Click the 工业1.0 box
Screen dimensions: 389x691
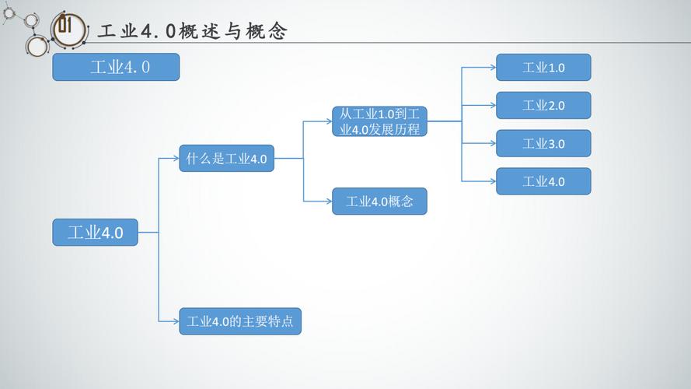(x=543, y=68)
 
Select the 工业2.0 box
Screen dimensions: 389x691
(x=543, y=106)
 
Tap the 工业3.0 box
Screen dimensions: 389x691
(x=543, y=144)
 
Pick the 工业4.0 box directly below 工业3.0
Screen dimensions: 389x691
(x=543, y=181)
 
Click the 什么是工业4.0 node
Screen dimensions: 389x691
(x=226, y=159)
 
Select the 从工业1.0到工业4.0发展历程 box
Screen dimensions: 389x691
(x=379, y=121)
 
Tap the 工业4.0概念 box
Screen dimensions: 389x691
(x=379, y=202)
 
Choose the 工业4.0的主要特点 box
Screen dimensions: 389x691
(x=240, y=321)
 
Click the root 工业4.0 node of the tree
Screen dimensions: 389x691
(x=95, y=232)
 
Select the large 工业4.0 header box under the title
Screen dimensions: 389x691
(x=116, y=67)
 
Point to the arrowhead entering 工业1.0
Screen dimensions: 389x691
(x=492, y=68)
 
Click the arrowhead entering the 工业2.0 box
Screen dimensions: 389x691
(x=492, y=106)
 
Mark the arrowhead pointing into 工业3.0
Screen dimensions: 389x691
(x=492, y=144)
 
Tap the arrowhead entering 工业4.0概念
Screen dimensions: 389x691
(x=328, y=202)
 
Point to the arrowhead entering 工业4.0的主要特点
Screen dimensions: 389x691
(x=176, y=321)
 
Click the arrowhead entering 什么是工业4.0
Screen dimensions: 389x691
(x=176, y=159)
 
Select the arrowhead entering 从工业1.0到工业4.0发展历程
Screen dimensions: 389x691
(x=328, y=121)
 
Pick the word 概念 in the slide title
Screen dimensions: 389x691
(x=267, y=32)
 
